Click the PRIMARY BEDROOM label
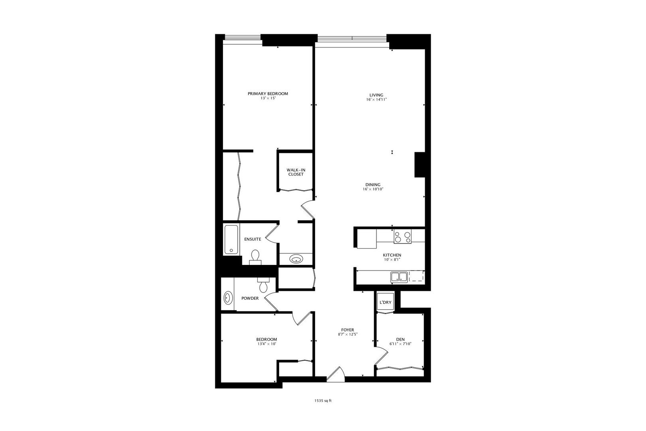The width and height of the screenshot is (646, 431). tap(268, 94)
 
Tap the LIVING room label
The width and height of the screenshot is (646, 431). tap(376, 95)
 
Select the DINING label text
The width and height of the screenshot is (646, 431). tap(373, 185)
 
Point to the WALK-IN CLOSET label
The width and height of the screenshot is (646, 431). tap(295, 172)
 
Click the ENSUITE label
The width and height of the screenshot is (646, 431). tap(252, 239)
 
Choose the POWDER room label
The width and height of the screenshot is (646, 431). tap(250, 299)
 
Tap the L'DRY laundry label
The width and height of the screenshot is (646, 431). tap(385, 302)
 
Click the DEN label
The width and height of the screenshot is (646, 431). tap(400, 340)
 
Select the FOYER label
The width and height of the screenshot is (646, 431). tap(348, 330)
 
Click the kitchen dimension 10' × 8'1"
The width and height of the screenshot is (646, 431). tap(392, 260)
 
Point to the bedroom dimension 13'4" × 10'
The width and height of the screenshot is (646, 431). tap(266, 344)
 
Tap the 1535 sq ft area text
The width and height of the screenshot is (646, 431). tap(323, 401)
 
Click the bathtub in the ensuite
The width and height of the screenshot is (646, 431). tap(231, 239)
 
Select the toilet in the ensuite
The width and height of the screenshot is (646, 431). tap(255, 257)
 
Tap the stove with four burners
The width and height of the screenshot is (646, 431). tap(403, 237)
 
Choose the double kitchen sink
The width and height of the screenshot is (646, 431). tap(399, 277)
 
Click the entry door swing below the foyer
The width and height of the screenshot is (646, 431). tap(336, 375)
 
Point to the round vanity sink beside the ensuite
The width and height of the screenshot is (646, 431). tap(296, 259)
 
